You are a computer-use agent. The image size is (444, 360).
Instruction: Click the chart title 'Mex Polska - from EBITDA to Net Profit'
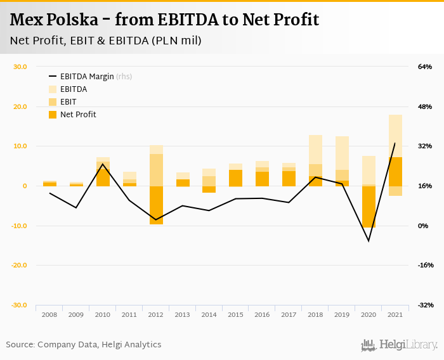(x=164, y=20)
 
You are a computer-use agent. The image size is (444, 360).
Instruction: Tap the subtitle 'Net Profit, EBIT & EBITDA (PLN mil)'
(x=106, y=41)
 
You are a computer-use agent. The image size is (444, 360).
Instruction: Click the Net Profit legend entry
(x=78, y=115)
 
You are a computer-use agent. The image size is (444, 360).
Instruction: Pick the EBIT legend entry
(x=68, y=102)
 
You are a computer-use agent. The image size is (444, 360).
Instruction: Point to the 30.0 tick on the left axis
(x=20, y=67)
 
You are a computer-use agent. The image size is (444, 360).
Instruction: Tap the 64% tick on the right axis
(x=424, y=67)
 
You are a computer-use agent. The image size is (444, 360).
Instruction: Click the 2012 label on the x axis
(x=156, y=314)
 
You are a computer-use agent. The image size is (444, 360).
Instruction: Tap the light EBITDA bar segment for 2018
(x=316, y=150)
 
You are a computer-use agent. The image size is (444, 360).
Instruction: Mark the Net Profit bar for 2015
(x=236, y=178)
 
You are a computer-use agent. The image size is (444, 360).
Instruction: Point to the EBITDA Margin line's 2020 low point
(x=369, y=241)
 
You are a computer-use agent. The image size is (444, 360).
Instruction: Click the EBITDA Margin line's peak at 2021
(x=395, y=143)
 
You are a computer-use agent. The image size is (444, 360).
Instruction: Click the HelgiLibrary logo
(x=399, y=345)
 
